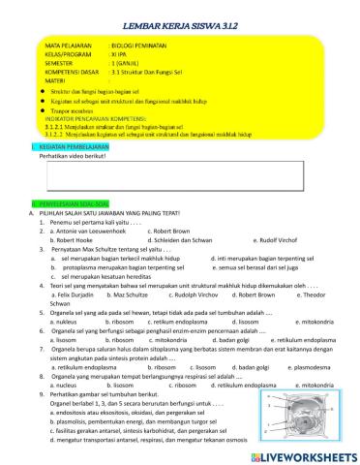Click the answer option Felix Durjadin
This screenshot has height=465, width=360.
(70, 294)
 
